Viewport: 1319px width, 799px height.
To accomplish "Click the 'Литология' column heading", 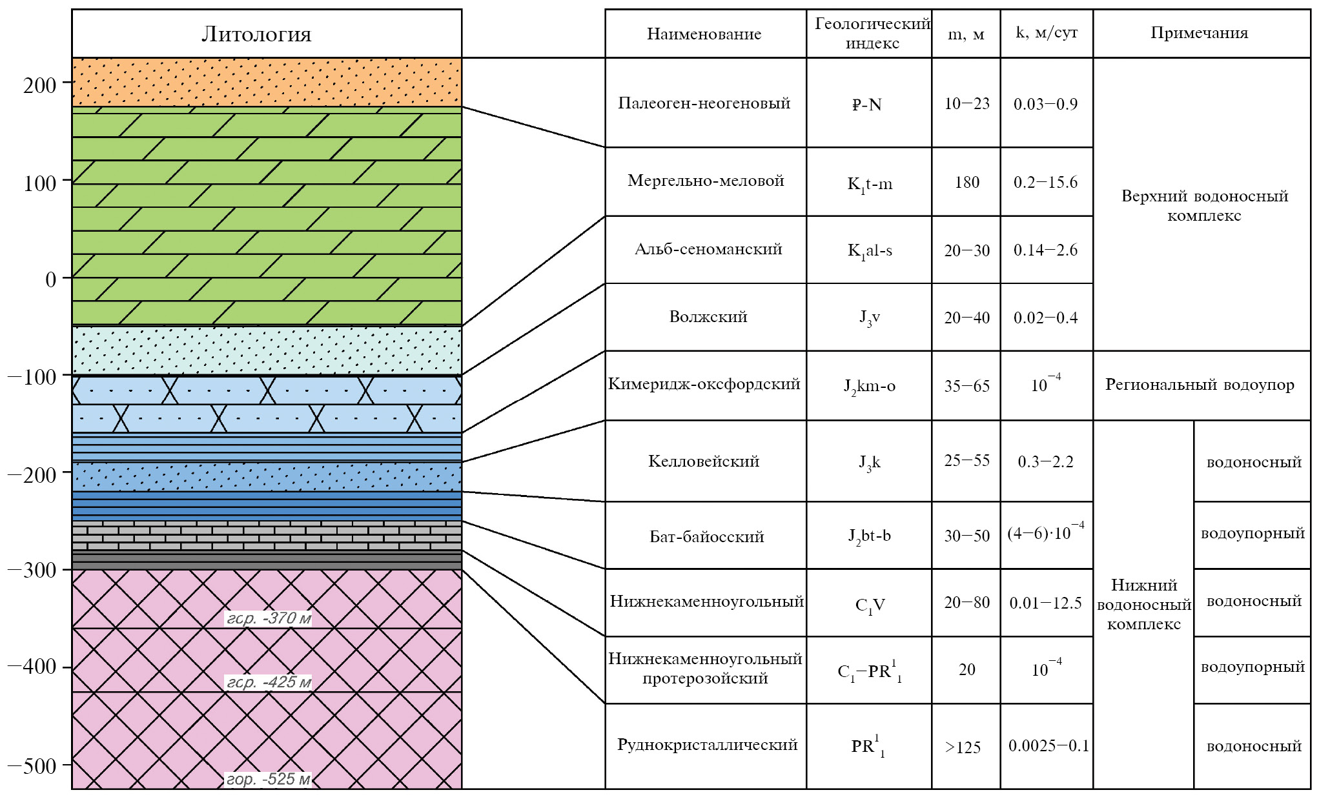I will pos(256,34).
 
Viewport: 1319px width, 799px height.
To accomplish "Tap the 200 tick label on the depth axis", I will pos(40,85).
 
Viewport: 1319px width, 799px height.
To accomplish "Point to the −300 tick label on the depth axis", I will pos(32,571).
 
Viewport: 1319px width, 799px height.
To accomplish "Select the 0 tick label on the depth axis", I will pos(50,280).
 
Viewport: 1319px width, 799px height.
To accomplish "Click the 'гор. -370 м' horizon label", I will pos(269,618).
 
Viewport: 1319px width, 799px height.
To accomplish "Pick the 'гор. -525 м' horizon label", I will pos(269,779).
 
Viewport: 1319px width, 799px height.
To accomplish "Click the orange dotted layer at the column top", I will pos(267,82).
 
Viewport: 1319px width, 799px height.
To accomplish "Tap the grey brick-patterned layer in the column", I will pos(267,536).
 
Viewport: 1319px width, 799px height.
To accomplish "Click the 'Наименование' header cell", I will pos(704,34).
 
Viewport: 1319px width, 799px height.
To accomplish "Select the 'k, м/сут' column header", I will pos(1047,33).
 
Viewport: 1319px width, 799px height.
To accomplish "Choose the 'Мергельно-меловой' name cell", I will pos(706,181).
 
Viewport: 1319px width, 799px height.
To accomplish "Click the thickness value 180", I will pos(966,183).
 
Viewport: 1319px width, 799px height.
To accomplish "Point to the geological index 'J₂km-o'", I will pos(869,387).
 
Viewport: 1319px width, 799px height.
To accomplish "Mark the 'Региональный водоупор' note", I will pos(1200,385).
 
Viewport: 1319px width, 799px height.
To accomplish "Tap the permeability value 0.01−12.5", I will pos(1045,603).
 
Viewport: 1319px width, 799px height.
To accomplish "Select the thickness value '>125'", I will pos(963,747).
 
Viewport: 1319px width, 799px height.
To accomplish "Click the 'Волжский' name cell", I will pos(708,317).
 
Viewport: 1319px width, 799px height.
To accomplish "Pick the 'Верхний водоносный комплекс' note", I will pos(1204,205).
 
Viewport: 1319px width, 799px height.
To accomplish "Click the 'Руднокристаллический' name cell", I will pos(707,745).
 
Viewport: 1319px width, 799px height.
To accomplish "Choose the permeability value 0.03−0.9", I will pos(1045,104).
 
